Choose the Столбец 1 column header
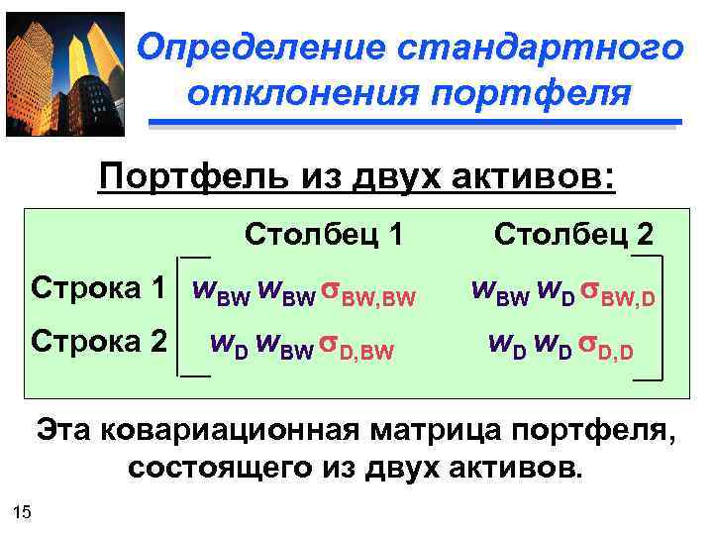pos(325,235)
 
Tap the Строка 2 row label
pos(98,343)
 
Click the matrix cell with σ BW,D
pos(565,291)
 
